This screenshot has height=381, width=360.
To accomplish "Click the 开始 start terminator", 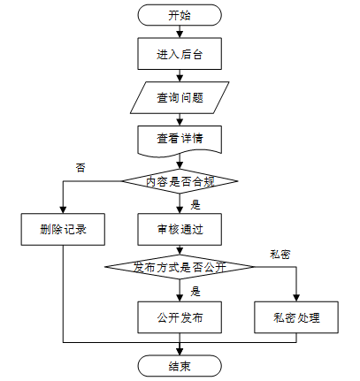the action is tap(180, 15).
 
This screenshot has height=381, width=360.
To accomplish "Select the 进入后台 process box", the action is tap(180, 54).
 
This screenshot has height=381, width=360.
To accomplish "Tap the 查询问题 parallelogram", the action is tap(180, 97).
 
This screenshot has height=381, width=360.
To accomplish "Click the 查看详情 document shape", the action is tap(180, 140).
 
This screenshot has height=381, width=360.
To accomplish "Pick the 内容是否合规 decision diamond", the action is tap(180, 181).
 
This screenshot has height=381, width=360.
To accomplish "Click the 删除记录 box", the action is tap(63, 229).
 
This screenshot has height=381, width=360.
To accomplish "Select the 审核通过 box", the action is tap(180, 229).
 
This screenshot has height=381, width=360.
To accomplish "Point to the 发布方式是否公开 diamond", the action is tap(180, 267).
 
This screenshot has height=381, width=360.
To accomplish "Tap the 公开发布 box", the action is tap(180, 317).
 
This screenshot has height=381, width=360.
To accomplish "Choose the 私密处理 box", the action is tap(296, 317).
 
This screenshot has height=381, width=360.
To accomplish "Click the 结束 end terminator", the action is tap(180, 366).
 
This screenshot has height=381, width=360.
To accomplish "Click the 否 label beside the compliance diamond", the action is tap(80, 168).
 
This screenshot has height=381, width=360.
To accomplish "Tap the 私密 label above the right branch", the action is tap(280, 255).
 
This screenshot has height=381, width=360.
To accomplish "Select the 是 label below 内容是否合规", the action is tap(195, 204).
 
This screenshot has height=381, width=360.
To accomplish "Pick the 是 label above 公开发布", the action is tap(195, 292).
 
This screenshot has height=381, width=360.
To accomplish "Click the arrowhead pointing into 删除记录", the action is tap(63, 210).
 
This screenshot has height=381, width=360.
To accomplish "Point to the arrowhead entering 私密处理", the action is tap(296, 298).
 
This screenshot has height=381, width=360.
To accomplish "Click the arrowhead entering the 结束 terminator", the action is tap(180, 352).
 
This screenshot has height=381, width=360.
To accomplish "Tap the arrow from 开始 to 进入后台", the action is tap(180, 32).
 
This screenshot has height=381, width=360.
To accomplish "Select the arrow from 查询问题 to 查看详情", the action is tap(180, 119).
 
